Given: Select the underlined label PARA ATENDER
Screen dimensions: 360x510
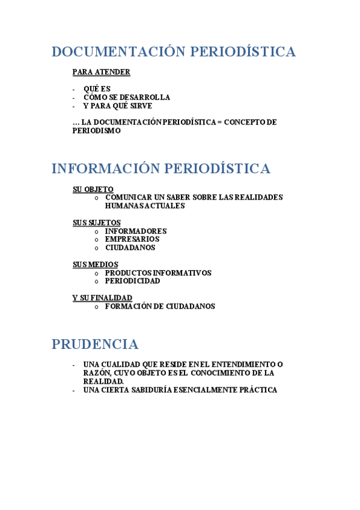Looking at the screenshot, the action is pyautogui.click(x=101, y=72).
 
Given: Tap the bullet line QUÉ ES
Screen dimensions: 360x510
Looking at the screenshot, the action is pyautogui.click(x=97, y=89).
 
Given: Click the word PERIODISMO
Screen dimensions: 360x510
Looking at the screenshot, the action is pyautogui.click(x=96, y=131).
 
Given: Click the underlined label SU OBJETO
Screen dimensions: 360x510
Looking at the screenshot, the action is pyautogui.click(x=93, y=189).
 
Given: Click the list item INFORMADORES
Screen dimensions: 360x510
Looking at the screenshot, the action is pyautogui.click(x=136, y=231).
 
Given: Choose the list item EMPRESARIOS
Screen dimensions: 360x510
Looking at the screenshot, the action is pyautogui.click(x=132, y=239).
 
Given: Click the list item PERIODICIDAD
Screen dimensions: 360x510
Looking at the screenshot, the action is pyautogui.click(x=132, y=281).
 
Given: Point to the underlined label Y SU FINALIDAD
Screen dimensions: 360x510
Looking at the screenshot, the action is pyautogui.click(x=102, y=298).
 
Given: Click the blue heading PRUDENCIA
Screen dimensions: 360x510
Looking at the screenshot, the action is pyautogui.click(x=94, y=345).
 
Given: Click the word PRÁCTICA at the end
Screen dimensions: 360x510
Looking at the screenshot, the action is pyautogui.click(x=257, y=390).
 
